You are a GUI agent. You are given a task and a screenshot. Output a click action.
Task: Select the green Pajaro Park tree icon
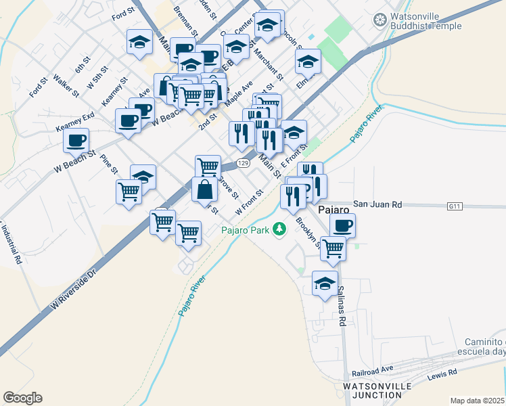[x=279, y=230]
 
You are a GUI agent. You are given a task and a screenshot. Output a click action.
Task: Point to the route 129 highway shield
[x=244, y=163]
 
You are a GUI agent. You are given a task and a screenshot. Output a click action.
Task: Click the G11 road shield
[x=455, y=204]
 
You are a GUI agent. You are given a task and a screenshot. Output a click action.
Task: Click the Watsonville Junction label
[x=377, y=390]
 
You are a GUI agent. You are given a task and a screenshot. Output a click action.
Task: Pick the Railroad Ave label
[x=372, y=370]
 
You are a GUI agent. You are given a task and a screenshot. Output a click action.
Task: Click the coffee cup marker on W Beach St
[x=76, y=140]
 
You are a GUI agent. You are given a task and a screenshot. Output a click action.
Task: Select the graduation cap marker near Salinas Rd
[x=325, y=282]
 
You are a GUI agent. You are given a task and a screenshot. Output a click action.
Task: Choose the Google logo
[x=22, y=398]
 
